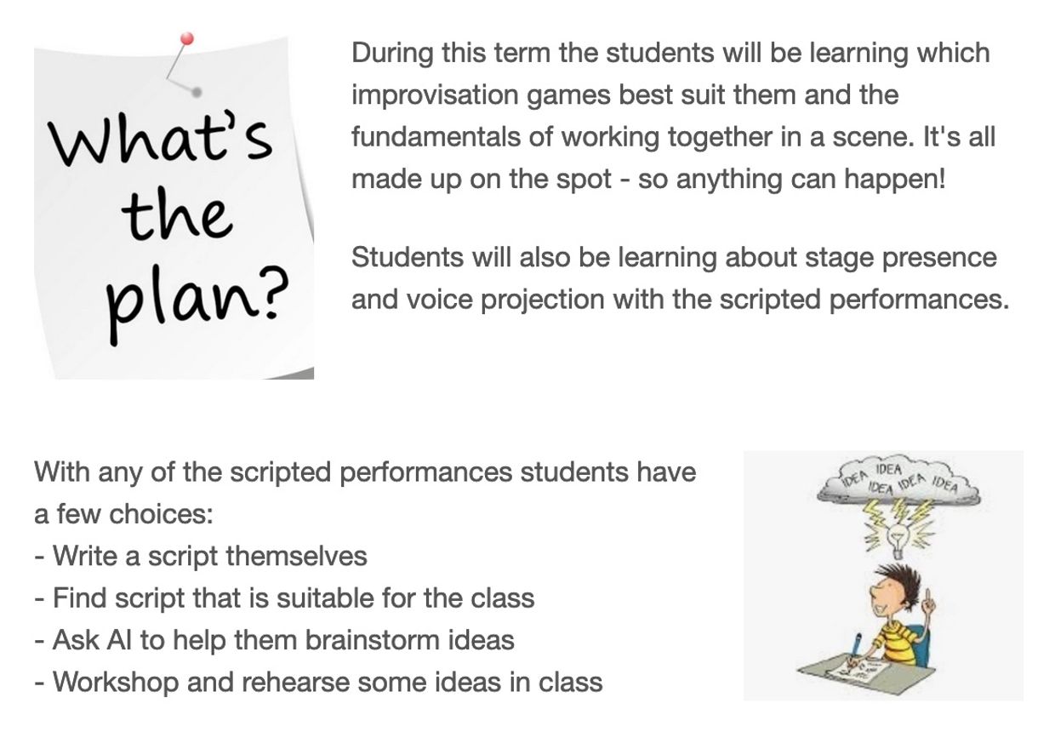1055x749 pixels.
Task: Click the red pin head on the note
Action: (187, 39)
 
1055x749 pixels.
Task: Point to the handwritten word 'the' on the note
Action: (177, 214)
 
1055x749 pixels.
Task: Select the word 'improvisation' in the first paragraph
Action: (435, 95)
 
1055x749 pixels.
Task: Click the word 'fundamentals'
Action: (436, 137)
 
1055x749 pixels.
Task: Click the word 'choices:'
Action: (161, 514)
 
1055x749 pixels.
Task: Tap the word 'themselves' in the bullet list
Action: (296, 556)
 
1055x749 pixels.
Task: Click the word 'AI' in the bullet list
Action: (119, 640)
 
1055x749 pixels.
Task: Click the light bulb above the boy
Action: (898, 540)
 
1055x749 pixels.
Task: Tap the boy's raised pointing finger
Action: (928, 599)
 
